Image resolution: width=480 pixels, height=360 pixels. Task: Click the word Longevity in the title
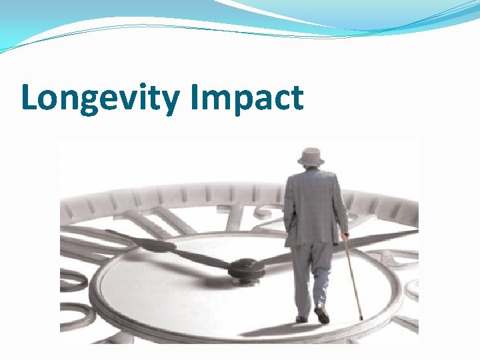tap(101, 99)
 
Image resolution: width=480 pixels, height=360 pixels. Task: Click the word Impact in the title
tap(247, 99)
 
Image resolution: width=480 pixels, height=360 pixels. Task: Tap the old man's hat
tap(311, 157)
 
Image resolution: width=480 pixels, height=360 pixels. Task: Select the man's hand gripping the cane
tap(345, 235)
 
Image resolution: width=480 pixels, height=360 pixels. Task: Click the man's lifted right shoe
tap(323, 313)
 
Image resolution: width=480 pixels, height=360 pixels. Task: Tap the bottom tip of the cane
tap(361, 319)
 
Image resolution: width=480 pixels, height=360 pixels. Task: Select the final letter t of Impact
tap(297, 99)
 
